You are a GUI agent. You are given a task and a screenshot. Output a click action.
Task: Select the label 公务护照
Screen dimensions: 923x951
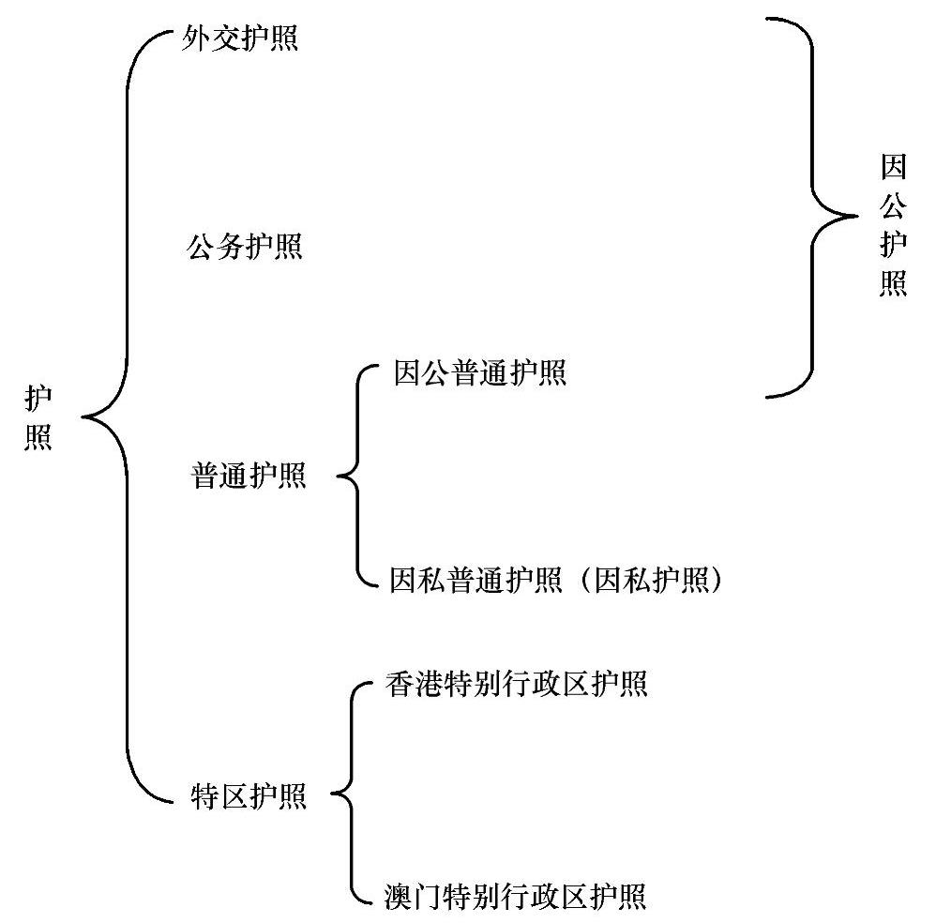tap(246, 248)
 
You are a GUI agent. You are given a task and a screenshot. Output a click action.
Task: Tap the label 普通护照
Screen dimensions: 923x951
tap(249, 476)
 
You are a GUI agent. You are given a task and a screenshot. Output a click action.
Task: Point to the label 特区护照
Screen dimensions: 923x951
tap(249, 796)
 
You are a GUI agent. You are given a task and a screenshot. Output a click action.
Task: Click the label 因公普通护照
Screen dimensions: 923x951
tap(479, 373)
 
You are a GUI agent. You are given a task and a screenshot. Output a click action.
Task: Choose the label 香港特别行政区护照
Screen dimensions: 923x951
tap(516, 684)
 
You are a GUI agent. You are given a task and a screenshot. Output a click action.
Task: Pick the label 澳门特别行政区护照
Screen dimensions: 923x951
tap(516, 896)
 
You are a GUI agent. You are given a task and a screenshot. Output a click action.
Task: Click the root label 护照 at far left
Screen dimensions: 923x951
tap(38, 418)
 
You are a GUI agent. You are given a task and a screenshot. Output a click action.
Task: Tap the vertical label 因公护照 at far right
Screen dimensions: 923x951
tap(893, 226)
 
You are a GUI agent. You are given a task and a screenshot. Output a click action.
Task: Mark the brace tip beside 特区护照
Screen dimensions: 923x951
tap(335, 797)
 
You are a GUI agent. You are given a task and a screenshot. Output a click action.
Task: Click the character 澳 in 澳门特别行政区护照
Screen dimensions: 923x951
tap(399, 896)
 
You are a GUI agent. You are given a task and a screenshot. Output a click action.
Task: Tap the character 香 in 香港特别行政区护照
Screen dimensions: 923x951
tap(399, 684)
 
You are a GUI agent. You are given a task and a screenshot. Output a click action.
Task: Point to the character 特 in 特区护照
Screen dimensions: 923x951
tap(204, 796)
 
